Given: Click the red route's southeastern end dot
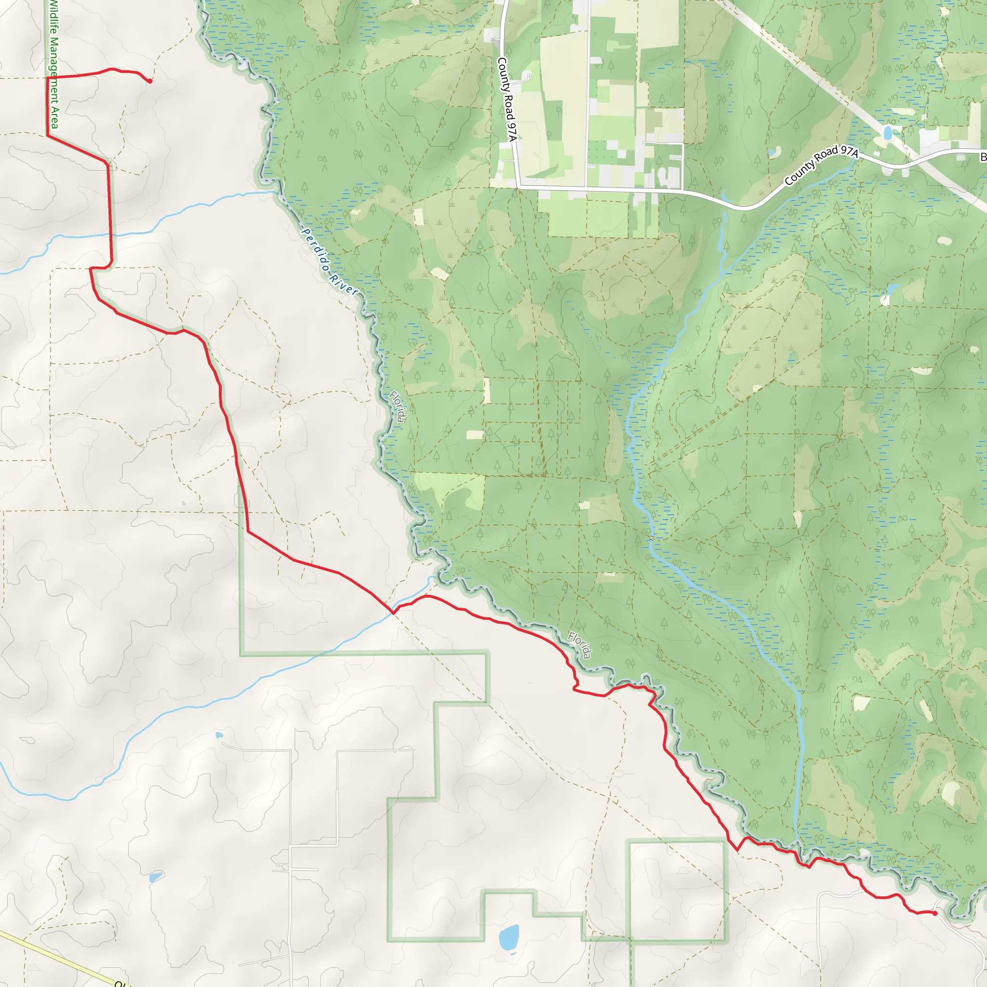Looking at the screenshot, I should (934, 913).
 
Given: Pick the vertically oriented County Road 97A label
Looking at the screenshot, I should (507, 100).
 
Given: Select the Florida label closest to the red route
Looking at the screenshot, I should (580, 645).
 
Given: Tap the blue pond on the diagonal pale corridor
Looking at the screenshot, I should (888, 133).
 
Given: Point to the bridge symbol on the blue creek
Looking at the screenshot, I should (652, 537).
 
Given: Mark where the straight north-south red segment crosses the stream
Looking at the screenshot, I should (110, 235).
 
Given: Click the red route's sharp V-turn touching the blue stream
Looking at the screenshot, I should (393, 612).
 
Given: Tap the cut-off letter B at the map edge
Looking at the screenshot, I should (983, 157).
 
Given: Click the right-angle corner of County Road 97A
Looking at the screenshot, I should (519, 187).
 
